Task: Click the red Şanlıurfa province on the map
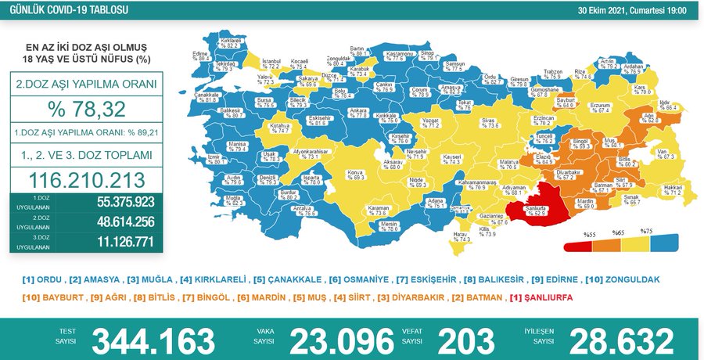(536, 208)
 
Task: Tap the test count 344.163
(153, 340)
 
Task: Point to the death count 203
(466, 340)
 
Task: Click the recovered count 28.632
(621, 340)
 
